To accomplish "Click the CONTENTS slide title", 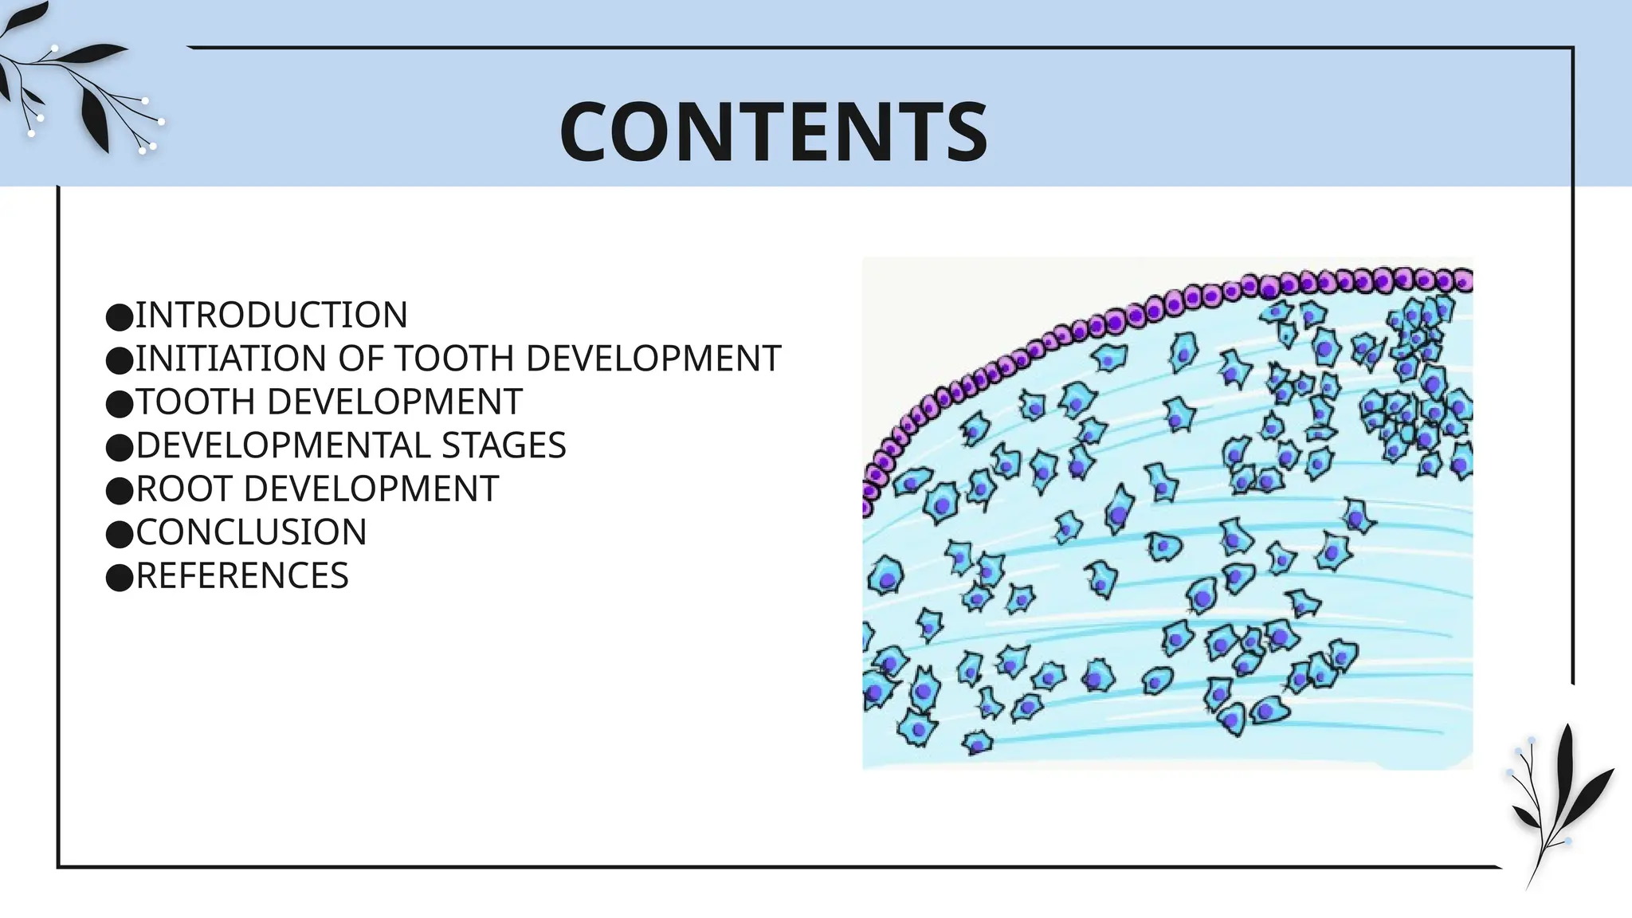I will (773, 131).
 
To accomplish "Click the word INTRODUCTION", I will (271, 316).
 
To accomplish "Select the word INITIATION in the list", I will (232, 359).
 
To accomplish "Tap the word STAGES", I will (504, 445).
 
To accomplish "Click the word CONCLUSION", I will (251, 532).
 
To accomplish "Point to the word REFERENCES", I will (242, 576).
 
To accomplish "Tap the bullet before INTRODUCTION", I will (119, 317).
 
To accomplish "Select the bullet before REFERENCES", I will (119, 578).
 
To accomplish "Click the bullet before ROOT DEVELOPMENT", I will (119, 491).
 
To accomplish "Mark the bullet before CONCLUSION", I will (119, 534).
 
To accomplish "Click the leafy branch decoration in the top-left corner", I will (76, 88).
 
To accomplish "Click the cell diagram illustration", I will (1167, 514).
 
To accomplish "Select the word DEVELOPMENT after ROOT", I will (371, 489).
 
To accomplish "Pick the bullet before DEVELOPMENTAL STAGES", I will (119, 447).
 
